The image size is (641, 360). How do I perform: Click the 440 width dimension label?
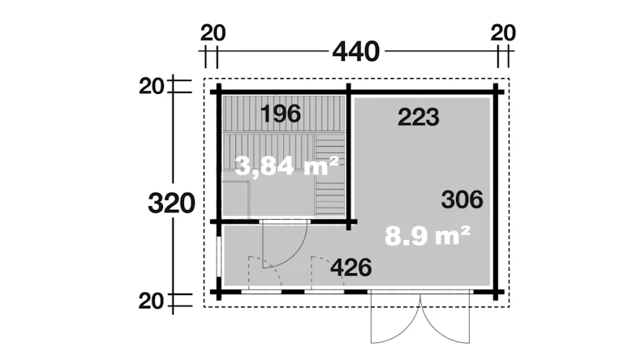click(355, 52)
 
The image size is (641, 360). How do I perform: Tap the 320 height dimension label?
click(171, 204)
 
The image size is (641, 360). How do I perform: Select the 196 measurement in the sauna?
click(281, 114)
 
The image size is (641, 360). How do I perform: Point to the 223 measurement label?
click(418, 118)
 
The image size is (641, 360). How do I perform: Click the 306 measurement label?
click(462, 199)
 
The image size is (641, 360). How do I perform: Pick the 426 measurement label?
click(351, 268)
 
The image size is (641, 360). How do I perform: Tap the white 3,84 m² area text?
click(287, 165)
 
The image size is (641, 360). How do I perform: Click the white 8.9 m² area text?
click(428, 236)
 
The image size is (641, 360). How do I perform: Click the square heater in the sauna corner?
click(236, 199)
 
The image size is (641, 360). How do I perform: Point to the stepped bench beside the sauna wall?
click(330, 174)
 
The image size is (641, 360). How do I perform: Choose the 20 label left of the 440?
click(213, 33)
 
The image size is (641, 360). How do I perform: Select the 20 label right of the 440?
click(503, 33)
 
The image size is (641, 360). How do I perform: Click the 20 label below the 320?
click(151, 302)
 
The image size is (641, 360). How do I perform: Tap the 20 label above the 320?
click(151, 87)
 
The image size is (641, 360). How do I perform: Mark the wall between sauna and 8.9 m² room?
click(349, 156)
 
